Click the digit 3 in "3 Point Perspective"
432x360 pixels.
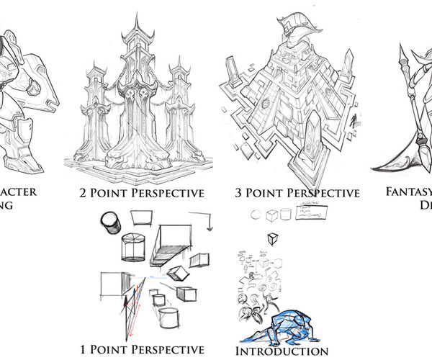coord(239,193)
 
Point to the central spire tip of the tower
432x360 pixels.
coord(138,16)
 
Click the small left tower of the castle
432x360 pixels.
coord(95,108)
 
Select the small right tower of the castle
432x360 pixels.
coord(181,108)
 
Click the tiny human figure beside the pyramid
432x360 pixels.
coord(354,122)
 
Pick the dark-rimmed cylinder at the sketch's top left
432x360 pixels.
coord(112,222)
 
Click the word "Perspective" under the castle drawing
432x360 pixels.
coord(168,193)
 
